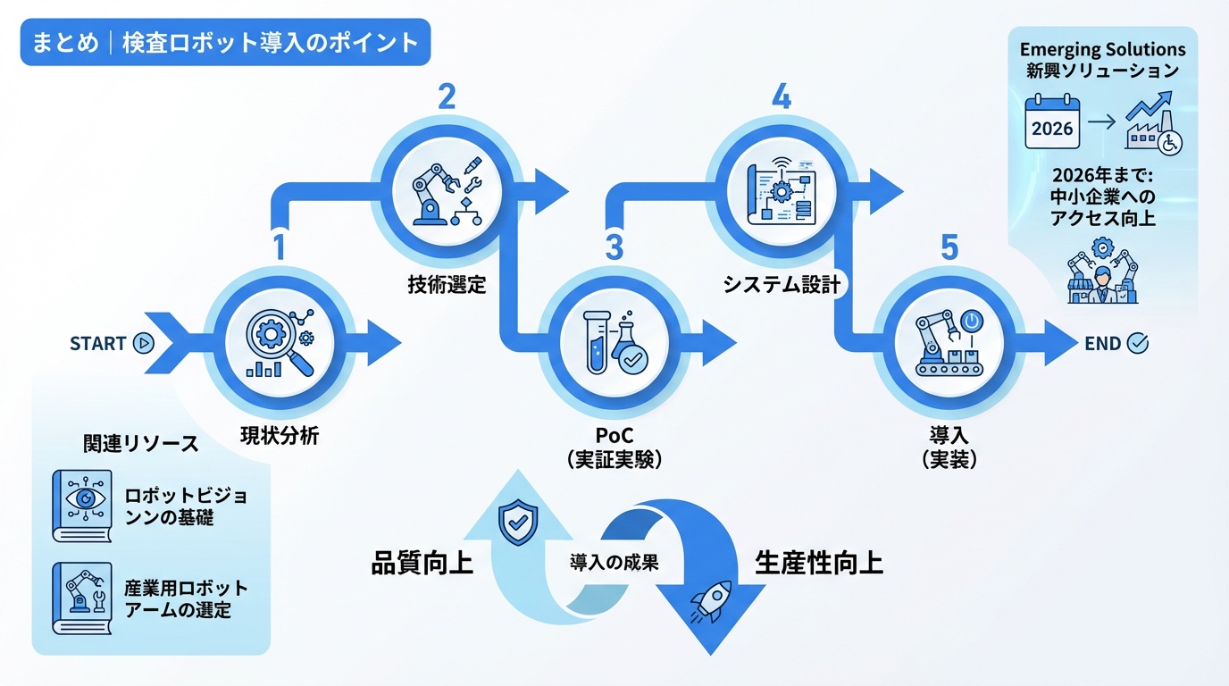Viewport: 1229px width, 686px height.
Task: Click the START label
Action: pyautogui.click(x=98, y=343)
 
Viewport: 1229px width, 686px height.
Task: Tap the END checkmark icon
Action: pyautogui.click(x=1138, y=343)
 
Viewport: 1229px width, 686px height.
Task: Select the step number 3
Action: pyautogui.click(x=614, y=247)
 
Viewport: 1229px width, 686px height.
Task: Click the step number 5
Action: pyautogui.click(x=949, y=247)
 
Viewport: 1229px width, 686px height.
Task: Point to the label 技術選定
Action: pyautogui.click(x=447, y=285)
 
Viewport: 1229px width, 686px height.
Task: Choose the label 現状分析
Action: pyautogui.click(x=280, y=437)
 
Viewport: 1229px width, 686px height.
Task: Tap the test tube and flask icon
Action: pyautogui.click(x=614, y=343)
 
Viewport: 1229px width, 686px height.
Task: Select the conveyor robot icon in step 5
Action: pyautogui.click(x=949, y=343)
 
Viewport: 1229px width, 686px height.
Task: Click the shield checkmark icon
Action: pyautogui.click(x=515, y=523)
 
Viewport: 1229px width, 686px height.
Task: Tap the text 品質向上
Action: pyautogui.click(x=422, y=565)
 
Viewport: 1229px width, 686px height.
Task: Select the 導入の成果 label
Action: pyautogui.click(x=614, y=563)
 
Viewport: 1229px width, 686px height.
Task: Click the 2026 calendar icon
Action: pyautogui.click(x=1052, y=122)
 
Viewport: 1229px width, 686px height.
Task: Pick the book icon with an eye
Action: pyautogui.click(x=82, y=506)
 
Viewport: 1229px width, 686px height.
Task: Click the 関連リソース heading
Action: pyautogui.click(x=140, y=445)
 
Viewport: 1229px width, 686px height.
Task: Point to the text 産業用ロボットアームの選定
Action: pyautogui.click(x=186, y=599)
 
